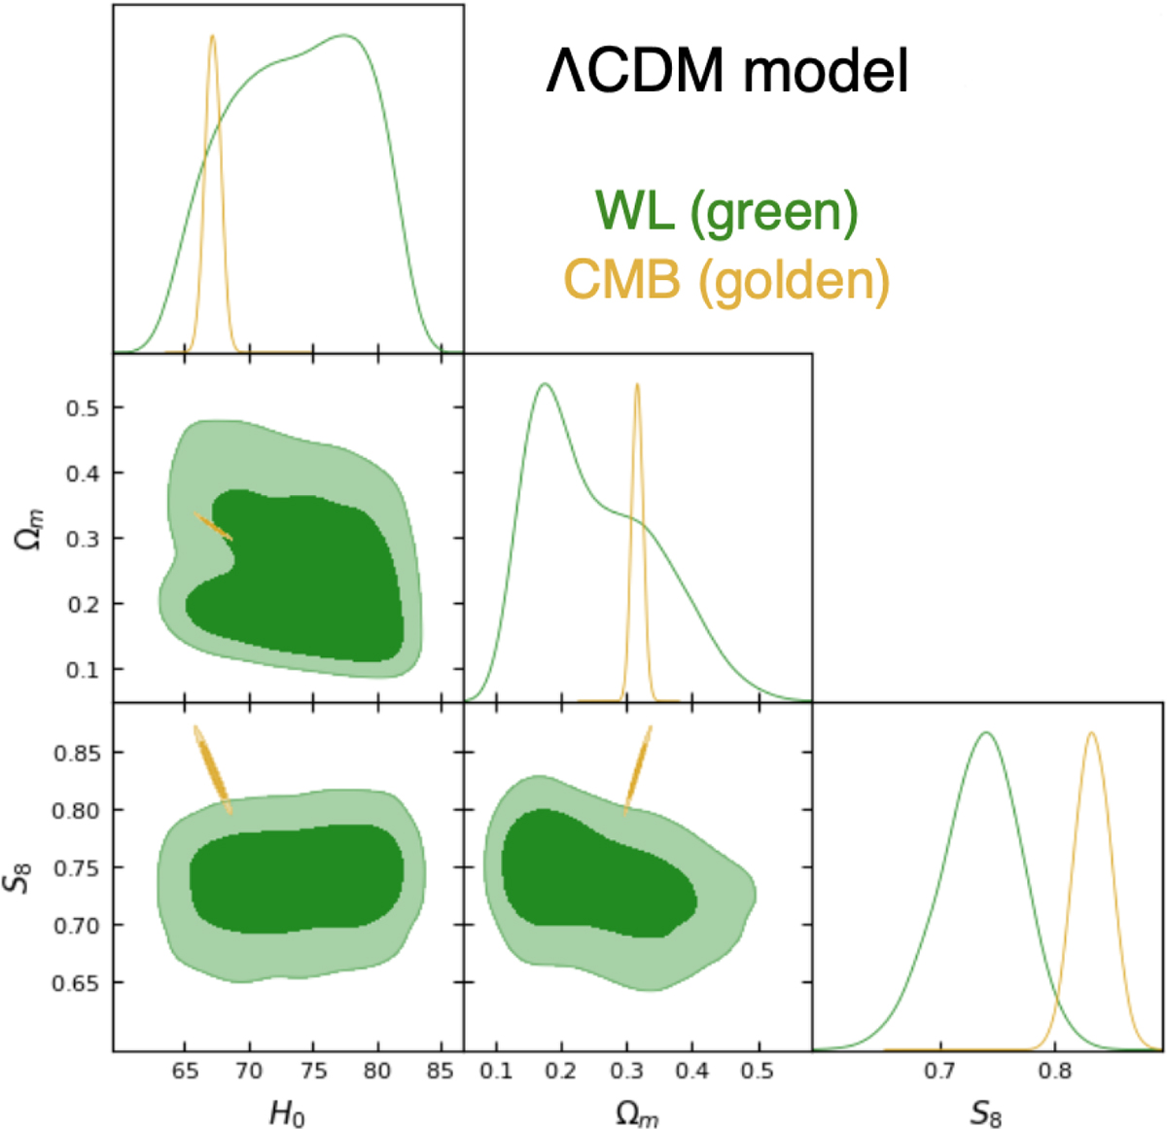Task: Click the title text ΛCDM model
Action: click(727, 71)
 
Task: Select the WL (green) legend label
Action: click(726, 212)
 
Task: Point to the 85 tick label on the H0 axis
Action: click(441, 1071)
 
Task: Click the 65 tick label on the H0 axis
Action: click(185, 1071)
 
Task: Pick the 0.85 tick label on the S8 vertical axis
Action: click(76, 753)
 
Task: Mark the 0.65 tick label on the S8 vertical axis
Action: click(76, 983)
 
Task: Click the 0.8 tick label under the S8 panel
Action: click(1055, 1071)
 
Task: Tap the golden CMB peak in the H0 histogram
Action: click(212, 36)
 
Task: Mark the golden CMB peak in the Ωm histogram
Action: click(637, 385)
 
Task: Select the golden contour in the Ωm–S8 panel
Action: click(637, 770)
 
